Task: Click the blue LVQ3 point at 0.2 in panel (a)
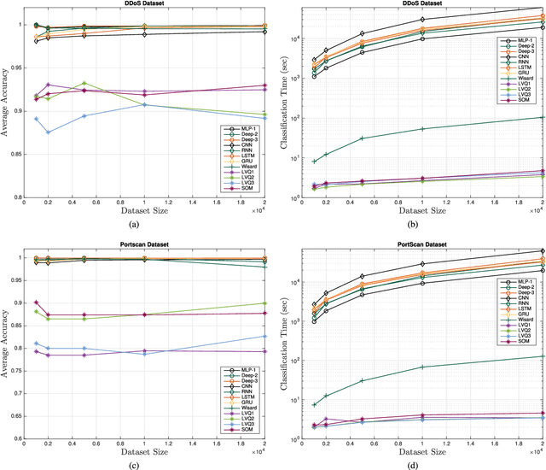(x=48, y=132)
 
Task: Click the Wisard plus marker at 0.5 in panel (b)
(x=362, y=138)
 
